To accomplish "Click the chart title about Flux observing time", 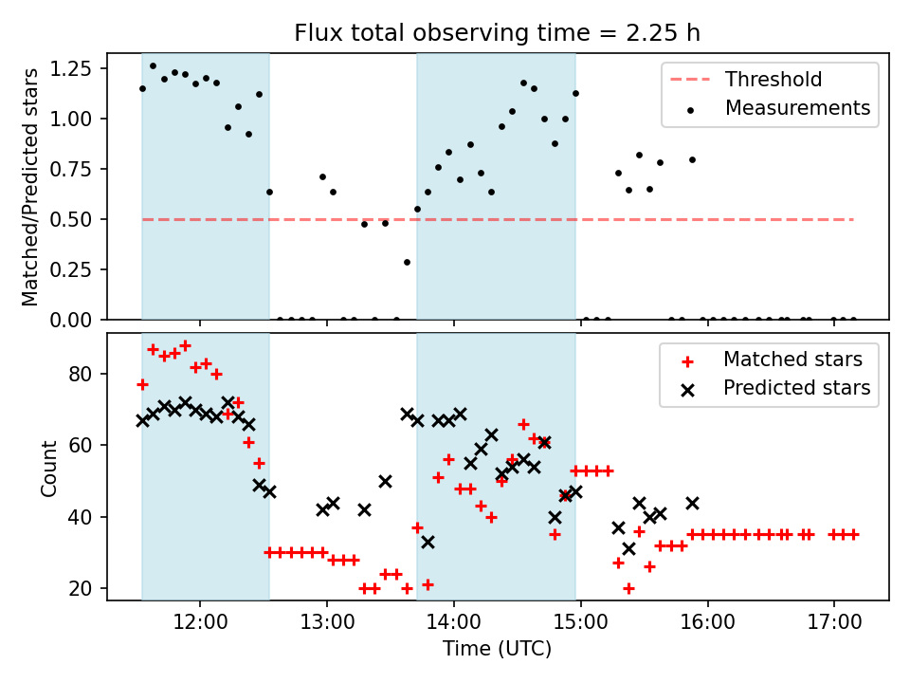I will click(498, 33).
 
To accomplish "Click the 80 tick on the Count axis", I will click(86, 374).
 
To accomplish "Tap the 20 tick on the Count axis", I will click(86, 588).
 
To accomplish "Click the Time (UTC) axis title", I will click(497, 650).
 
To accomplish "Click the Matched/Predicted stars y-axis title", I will click(30, 187).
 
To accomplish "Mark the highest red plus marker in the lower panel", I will click(185, 346).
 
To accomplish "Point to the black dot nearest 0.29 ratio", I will click(407, 262).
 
